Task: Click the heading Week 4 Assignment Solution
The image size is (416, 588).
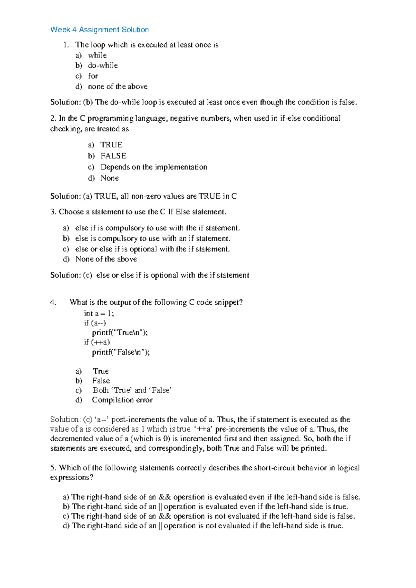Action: pyautogui.click(x=99, y=30)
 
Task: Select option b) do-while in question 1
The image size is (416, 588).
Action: pyautogui.click(x=103, y=66)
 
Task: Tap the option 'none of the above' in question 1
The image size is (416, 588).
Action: pyautogui.click(x=118, y=86)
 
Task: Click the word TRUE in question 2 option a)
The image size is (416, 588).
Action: pyautogui.click(x=111, y=145)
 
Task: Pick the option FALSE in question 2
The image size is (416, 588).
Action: pyautogui.click(x=113, y=156)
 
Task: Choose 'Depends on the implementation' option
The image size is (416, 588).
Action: pyautogui.click(x=154, y=167)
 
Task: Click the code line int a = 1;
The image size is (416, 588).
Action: pyautogui.click(x=99, y=313)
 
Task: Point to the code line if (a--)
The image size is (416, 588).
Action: pyautogui.click(x=95, y=323)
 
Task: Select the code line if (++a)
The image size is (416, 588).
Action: pyautogui.click(x=97, y=342)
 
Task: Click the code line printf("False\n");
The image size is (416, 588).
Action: pyautogui.click(x=121, y=352)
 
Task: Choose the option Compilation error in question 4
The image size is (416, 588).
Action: pyautogui.click(x=122, y=400)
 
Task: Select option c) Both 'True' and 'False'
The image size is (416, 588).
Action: pyautogui.click(x=132, y=390)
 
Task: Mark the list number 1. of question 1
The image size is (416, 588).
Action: pyautogui.click(x=66, y=45)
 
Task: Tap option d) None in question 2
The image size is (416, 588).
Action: pyautogui.click(x=110, y=178)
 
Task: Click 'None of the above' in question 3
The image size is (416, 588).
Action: pyautogui.click(x=106, y=259)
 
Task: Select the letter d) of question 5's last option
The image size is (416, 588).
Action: pyautogui.click(x=66, y=526)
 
